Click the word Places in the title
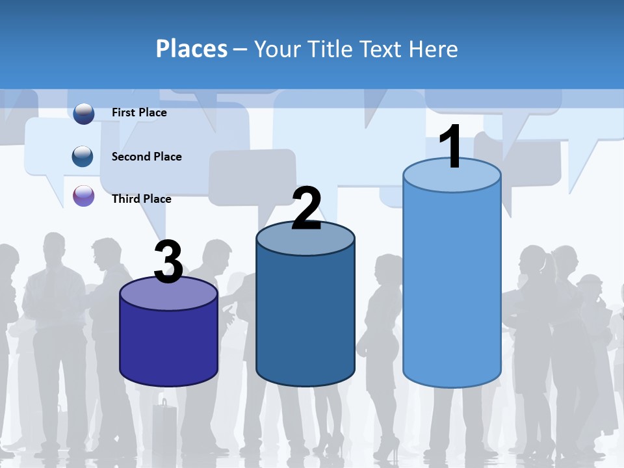tap(192, 49)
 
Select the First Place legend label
tap(139, 112)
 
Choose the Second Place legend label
tap(146, 157)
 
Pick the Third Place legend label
tap(141, 199)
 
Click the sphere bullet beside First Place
tap(84, 113)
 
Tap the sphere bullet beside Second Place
tap(83, 156)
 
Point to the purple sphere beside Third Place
tap(84, 196)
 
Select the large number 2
tap(306, 209)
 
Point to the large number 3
tap(168, 262)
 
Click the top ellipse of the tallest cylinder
tap(452, 175)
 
